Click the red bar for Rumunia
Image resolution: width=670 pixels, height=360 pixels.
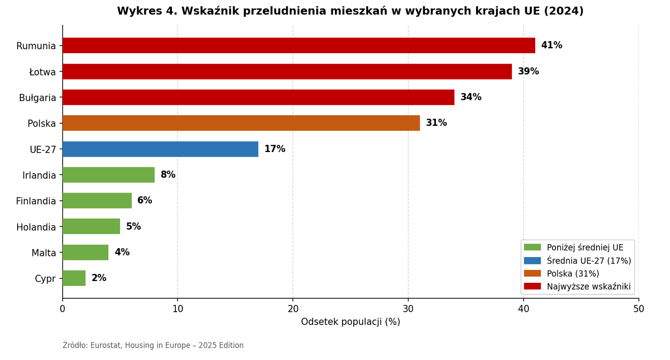298,46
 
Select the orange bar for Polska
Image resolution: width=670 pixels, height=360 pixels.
241,123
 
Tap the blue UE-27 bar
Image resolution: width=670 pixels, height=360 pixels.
160,149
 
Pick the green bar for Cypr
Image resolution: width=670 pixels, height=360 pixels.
74,278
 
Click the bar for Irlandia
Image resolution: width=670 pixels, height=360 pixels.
108,175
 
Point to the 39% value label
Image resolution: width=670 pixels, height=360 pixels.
528,72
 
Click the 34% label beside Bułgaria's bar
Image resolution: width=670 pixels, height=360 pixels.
471,97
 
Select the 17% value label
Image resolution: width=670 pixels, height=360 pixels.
274,149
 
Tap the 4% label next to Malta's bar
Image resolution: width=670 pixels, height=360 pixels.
122,253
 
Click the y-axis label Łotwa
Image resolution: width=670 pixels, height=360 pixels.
42,72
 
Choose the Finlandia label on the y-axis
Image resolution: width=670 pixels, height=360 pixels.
36,201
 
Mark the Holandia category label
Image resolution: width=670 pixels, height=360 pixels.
36,227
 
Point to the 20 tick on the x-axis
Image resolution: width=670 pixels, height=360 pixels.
293,309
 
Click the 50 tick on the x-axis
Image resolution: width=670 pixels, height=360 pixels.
638,309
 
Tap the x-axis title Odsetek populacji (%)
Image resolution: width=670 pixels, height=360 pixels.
350,322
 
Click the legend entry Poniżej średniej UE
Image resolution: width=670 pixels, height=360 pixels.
585,248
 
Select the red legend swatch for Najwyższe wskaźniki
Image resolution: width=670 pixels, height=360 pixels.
532,286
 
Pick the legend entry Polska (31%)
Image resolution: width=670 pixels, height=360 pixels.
573,274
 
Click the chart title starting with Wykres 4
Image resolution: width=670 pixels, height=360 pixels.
350,11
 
